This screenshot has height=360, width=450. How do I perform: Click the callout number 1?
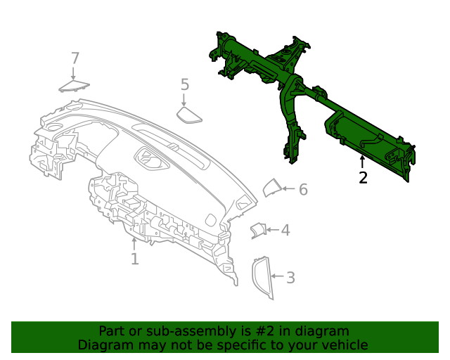click(x=134, y=259)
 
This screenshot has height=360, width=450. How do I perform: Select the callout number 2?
click(x=363, y=178)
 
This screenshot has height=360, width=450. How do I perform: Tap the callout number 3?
click(x=290, y=278)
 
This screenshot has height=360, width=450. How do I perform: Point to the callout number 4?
click(x=285, y=230)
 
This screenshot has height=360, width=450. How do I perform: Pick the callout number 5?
click(x=185, y=85)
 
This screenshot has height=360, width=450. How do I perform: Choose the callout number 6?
click(x=303, y=189)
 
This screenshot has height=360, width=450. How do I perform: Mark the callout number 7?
click(x=75, y=58)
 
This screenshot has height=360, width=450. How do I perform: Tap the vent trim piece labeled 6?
click(x=271, y=188)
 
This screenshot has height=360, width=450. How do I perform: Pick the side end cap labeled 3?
click(x=262, y=278)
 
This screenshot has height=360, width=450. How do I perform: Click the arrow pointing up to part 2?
click(x=363, y=162)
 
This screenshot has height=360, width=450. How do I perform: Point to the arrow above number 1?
click(x=134, y=243)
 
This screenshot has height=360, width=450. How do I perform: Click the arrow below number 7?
click(x=75, y=72)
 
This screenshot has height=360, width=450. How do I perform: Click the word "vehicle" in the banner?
click(x=344, y=345)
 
